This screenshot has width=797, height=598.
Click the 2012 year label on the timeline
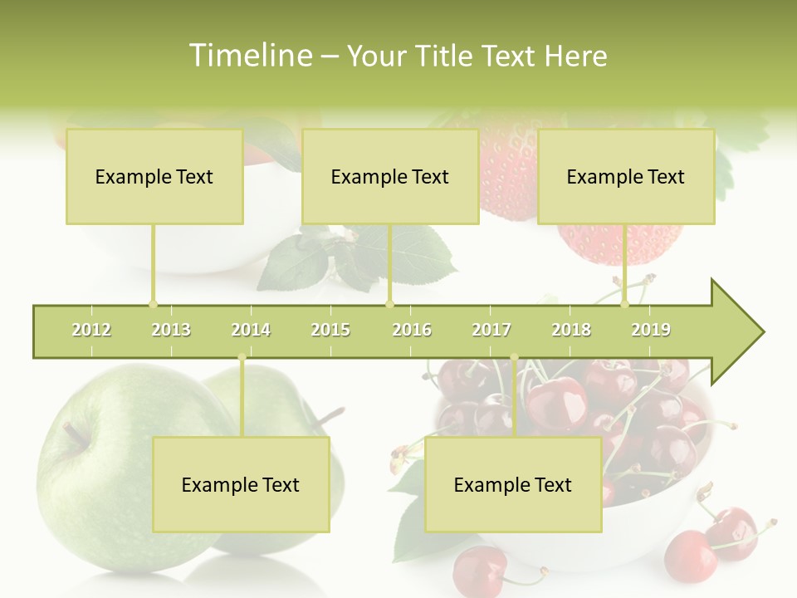click(x=91, y=330)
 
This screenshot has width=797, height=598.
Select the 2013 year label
click(x=171, y=330)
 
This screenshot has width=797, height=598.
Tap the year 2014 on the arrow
click(x=251, y=330)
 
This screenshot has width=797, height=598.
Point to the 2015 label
click(x=330, y=330)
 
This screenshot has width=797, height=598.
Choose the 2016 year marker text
click(x=412, y=330)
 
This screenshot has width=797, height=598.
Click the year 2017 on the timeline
click(x=491, y=330)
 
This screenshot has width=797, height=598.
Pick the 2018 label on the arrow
click(x=571, y=330)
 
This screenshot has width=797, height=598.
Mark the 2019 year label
click(x=651, y=330)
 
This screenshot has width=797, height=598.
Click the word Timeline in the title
click(x=249, y=56)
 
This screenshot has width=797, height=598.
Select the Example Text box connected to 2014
click(x=241, y=485)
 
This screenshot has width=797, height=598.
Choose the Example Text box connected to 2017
click(x=513, y=485)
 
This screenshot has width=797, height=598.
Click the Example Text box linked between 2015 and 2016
click(x=390, y=177)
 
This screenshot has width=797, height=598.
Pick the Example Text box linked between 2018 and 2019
click(x=626, y=177)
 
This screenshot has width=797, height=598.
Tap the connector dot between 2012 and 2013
click(x=153, y=304)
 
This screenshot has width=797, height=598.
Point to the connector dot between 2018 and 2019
click(x=625, y=304)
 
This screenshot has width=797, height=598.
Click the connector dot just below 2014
click(x=242, y=358)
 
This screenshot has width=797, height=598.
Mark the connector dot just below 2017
click(x=514, y=358)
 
